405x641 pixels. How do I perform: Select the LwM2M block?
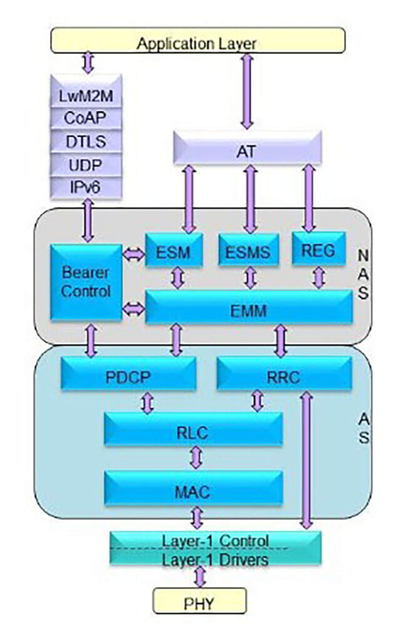[86, 98]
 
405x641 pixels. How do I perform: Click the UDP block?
[86, 165]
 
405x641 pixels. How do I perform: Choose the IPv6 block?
[86, 187]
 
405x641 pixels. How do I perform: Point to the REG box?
[318, 250]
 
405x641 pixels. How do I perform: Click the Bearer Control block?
[86, 282]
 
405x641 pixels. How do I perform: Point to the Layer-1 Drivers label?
[215, 559]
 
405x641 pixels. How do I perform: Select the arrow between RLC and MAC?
[197, 458]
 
